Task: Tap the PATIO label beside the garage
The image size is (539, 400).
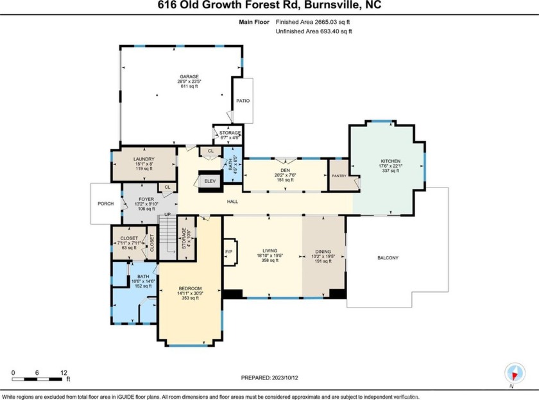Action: (x=243, y=101)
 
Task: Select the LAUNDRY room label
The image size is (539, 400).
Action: (x=144, y=158)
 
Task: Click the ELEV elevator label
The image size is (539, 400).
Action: (x=210, y=180)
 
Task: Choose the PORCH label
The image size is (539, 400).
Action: (x=106, y=204)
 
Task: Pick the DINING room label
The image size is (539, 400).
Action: (x=323, y=252)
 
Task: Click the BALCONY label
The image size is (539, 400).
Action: (x=388, y=258)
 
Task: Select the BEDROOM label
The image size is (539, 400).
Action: (x=190, y=288)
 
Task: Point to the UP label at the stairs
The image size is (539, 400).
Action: (x=168, y=214)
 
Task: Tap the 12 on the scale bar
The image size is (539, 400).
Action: (x=64, y=372)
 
